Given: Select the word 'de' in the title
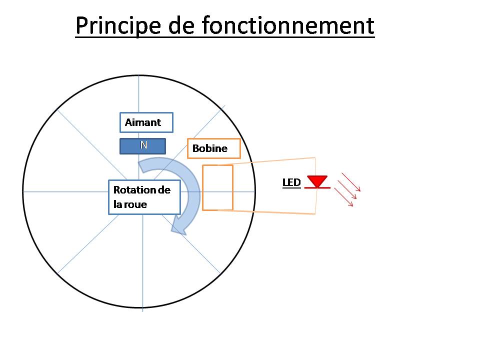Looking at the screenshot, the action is point(179,26).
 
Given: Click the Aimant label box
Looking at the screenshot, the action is point(146,122).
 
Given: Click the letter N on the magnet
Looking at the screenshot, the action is point(143,145).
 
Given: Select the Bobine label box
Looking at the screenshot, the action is point(213,148).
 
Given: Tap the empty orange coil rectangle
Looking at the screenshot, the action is point(217,187).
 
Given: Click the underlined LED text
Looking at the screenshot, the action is point(291,182).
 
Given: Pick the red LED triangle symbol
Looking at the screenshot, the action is point(317,180).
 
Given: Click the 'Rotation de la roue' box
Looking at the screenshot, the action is point(144,197).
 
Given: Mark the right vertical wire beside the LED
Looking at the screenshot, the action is point(315,200).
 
